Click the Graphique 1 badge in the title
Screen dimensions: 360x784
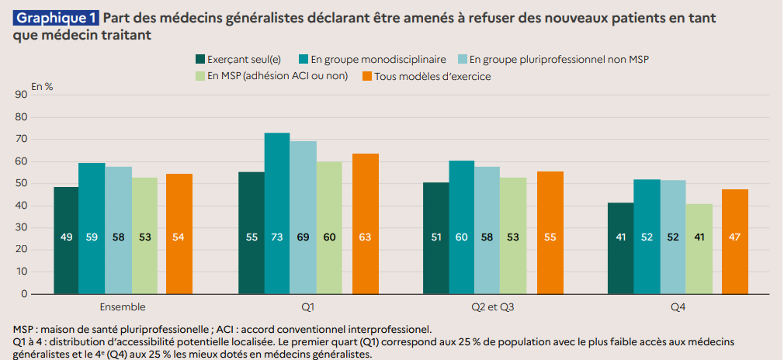(x=54, y=16)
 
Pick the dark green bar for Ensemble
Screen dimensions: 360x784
(x=66, y=241)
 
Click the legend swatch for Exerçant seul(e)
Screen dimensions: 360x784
(x=200, y=59)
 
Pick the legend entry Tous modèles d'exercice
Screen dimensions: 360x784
(x=432, y=76)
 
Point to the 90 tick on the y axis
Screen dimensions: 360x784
(x=21, y=95)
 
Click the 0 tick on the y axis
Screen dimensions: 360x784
(x=24, y=294)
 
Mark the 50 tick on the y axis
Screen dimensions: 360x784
(x=21, y=183)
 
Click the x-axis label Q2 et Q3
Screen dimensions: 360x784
(x=493, y=307)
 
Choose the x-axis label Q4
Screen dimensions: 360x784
(x=678, y=307)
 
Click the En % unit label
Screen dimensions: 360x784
(x=42, y=85)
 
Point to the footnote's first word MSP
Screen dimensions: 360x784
(x=24, y=329)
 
